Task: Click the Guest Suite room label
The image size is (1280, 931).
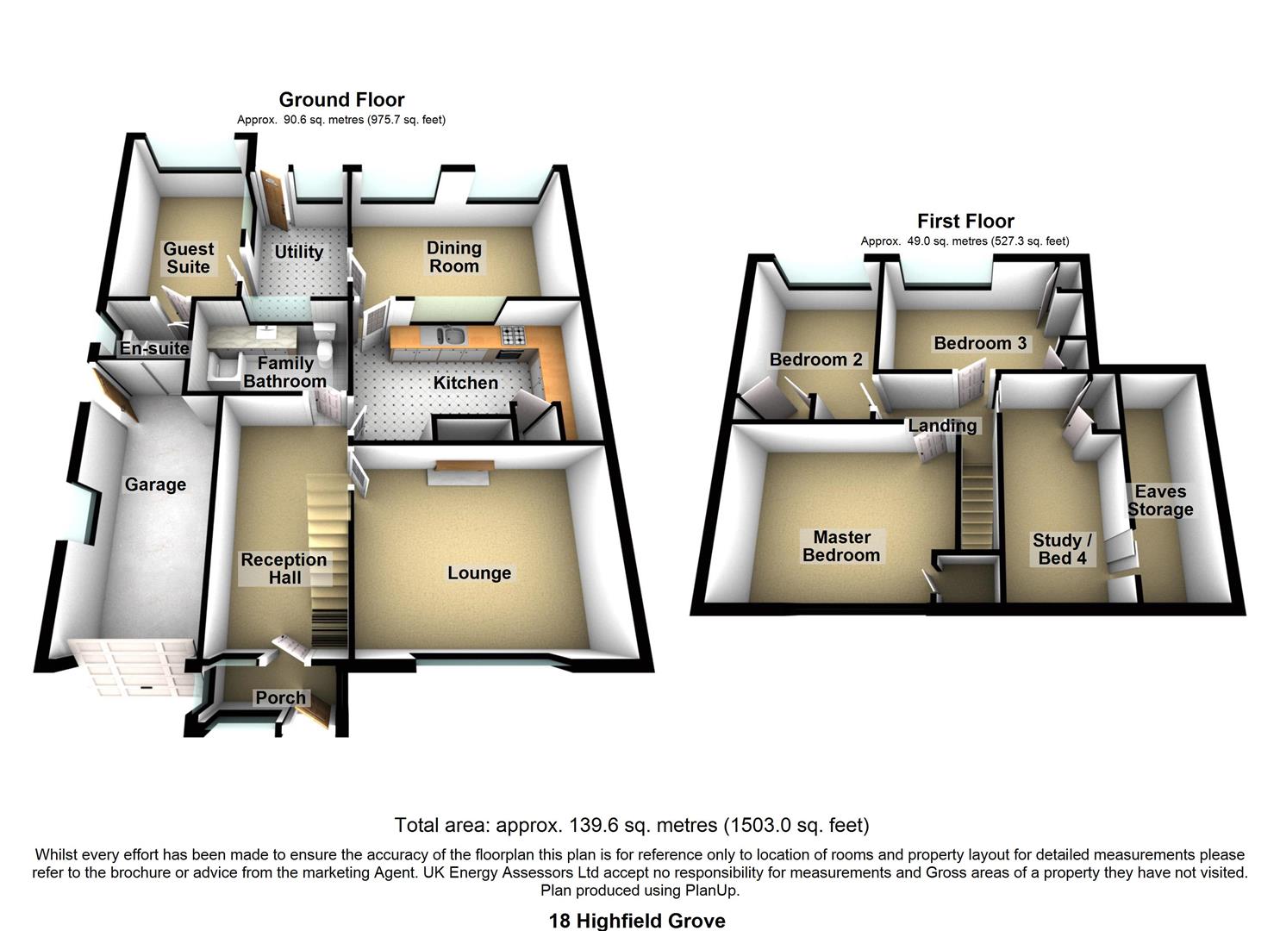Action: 188,258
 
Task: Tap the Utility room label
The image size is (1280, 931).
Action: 298,252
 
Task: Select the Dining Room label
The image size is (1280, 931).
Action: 453,257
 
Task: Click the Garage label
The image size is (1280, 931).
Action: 155,484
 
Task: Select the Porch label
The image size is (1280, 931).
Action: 280,697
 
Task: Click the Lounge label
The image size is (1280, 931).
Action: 479,573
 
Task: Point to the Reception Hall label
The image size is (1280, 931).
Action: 284,568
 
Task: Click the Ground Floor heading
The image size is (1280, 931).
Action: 341,100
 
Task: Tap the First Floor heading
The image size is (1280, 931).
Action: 965,222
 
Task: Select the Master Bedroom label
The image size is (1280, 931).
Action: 840,547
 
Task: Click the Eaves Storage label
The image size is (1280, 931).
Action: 1160,501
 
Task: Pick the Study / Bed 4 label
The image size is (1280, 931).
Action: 1062,549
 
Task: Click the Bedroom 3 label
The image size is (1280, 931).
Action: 980,343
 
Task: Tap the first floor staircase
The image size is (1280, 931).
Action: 977,500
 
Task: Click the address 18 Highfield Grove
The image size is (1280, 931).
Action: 637,921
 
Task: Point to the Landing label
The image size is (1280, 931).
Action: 942,425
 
